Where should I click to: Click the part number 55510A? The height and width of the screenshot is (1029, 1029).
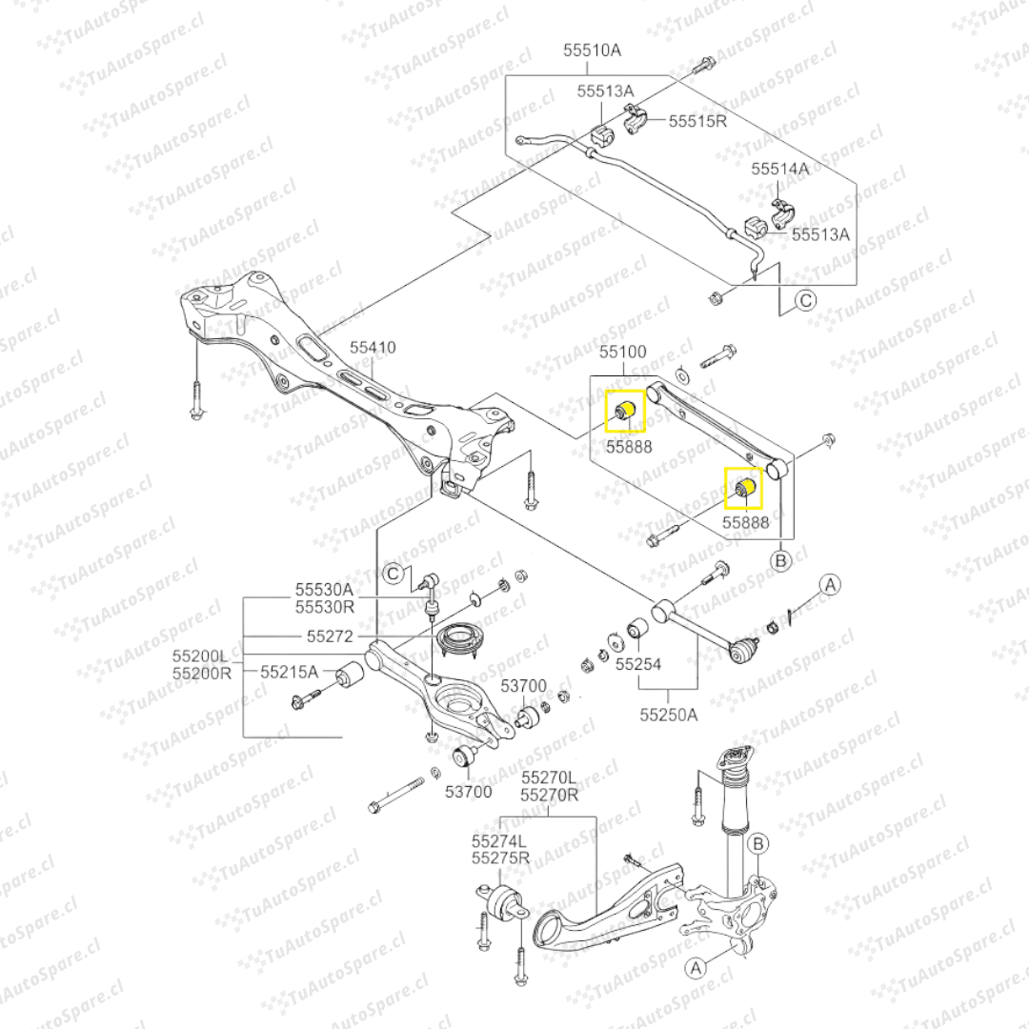tap(592, 49)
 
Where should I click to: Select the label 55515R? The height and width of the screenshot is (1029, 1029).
tap(697, 121)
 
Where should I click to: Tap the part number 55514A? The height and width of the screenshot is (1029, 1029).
tap(779, 169)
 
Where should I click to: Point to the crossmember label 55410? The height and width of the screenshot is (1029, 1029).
tap(372, 349)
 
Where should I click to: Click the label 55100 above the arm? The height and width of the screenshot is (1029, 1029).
tap(623, 353)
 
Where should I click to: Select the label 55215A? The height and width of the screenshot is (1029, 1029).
tap(291, 672)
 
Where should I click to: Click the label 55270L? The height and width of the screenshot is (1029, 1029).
tap(549, 777)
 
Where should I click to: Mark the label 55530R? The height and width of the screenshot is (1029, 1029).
tap(324, 607)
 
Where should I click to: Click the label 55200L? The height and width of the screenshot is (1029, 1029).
tap(201, 656)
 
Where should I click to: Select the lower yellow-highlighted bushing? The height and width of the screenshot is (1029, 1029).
tap(747, 489)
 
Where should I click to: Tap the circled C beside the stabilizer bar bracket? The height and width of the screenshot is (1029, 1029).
tap(805, 302)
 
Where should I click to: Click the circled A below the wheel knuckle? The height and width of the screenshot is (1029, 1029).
tap(696, 967)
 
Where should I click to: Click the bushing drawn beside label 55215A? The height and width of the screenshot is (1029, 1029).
tap(351, 676)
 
